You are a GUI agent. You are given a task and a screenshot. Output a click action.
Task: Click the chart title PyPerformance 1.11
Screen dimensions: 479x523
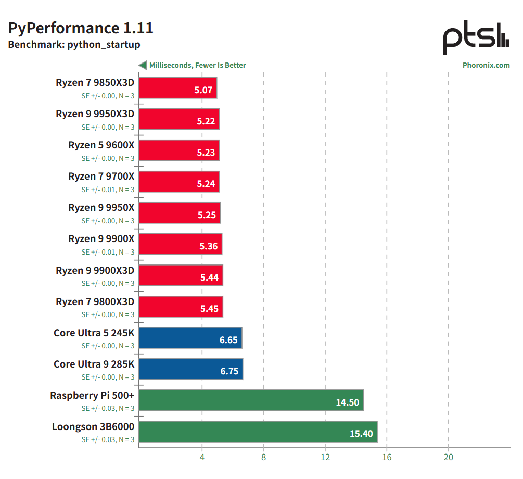81,28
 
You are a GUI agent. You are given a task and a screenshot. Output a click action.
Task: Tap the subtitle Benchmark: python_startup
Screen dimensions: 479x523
74,45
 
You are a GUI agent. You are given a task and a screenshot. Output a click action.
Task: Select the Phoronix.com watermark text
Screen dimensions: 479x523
486,65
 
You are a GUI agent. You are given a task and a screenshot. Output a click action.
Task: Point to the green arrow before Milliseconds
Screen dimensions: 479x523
142,65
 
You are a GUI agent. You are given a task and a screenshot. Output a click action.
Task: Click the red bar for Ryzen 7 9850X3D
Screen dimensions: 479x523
178,88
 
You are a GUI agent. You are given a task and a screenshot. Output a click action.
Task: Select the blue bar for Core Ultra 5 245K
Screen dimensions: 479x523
190,338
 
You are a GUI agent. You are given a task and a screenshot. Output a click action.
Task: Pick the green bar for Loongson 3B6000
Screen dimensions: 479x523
258,432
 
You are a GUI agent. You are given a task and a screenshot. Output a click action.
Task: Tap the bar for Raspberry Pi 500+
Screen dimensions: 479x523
251,400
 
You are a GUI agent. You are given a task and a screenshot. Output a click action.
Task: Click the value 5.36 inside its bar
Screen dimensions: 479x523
209,246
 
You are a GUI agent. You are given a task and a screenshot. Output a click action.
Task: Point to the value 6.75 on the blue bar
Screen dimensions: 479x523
229,371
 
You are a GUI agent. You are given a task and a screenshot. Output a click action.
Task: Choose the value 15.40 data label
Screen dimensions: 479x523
361,434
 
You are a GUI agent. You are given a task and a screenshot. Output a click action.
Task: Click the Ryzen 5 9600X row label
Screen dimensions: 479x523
101,145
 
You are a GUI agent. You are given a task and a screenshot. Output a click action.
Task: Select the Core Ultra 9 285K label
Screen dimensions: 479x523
94,364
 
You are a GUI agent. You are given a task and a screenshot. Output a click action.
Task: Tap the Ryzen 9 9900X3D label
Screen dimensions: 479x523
95,270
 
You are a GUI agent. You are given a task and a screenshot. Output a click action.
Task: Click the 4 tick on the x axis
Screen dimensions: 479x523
202,457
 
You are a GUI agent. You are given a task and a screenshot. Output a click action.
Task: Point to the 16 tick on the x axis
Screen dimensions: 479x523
387,457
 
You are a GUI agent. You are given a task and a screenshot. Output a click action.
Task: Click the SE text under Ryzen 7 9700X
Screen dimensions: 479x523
108,190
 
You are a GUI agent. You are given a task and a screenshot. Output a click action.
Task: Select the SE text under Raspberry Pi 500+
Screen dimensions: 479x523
108,408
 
